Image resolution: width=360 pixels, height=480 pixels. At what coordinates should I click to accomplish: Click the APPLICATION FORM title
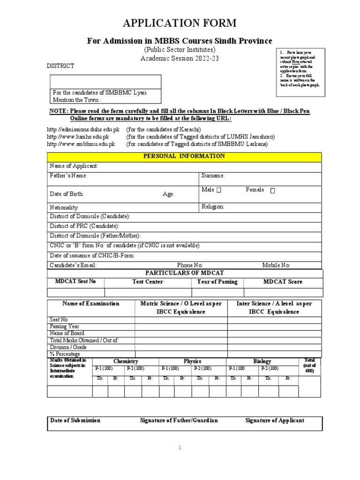(180, 23)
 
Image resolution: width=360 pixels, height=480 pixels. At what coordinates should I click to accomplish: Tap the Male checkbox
(219, 190)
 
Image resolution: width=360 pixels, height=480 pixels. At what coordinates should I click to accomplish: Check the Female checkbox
(272, 190)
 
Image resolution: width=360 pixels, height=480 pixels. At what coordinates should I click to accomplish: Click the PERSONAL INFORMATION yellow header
(184, 157)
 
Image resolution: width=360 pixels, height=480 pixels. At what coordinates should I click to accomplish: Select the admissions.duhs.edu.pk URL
(83, 129)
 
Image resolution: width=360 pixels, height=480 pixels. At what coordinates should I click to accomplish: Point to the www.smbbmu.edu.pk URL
(81, 144)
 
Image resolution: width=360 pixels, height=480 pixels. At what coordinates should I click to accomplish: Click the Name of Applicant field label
(74, 166)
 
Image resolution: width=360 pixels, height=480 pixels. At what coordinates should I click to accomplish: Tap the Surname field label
(213, 176)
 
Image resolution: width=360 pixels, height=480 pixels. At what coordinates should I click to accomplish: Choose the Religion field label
(213, 207)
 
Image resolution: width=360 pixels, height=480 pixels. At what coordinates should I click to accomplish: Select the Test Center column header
(148, 282)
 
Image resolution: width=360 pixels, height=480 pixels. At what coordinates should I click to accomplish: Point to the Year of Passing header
(217, 282)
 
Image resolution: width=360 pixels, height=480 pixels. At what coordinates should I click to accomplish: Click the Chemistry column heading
(126, 361)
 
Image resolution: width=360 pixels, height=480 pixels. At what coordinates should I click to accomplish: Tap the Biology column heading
(262, 361)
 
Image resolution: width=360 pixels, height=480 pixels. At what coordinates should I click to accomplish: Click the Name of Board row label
(67, 333)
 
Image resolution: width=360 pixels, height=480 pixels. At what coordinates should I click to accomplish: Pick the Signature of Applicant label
(275, 420)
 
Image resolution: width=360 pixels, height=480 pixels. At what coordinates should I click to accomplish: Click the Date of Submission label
(75, 420)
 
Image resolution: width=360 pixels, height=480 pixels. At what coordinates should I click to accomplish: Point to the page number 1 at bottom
(180, 448)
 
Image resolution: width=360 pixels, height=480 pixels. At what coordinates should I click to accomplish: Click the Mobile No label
(276, 265)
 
